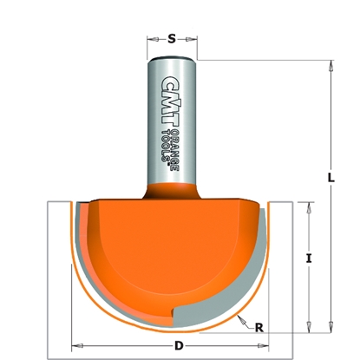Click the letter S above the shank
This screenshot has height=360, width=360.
pos(171,37)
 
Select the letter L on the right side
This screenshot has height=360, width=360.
pos(331,178)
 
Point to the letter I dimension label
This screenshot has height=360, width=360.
pos(309,259)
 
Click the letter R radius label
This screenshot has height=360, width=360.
pos(259,326)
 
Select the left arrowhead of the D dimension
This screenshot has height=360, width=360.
pos(73,341)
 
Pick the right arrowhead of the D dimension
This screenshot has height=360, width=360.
pos(266,341)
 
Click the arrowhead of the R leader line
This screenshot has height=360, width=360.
pos(238,317)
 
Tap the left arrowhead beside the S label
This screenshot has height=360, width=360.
pos(150,37)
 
